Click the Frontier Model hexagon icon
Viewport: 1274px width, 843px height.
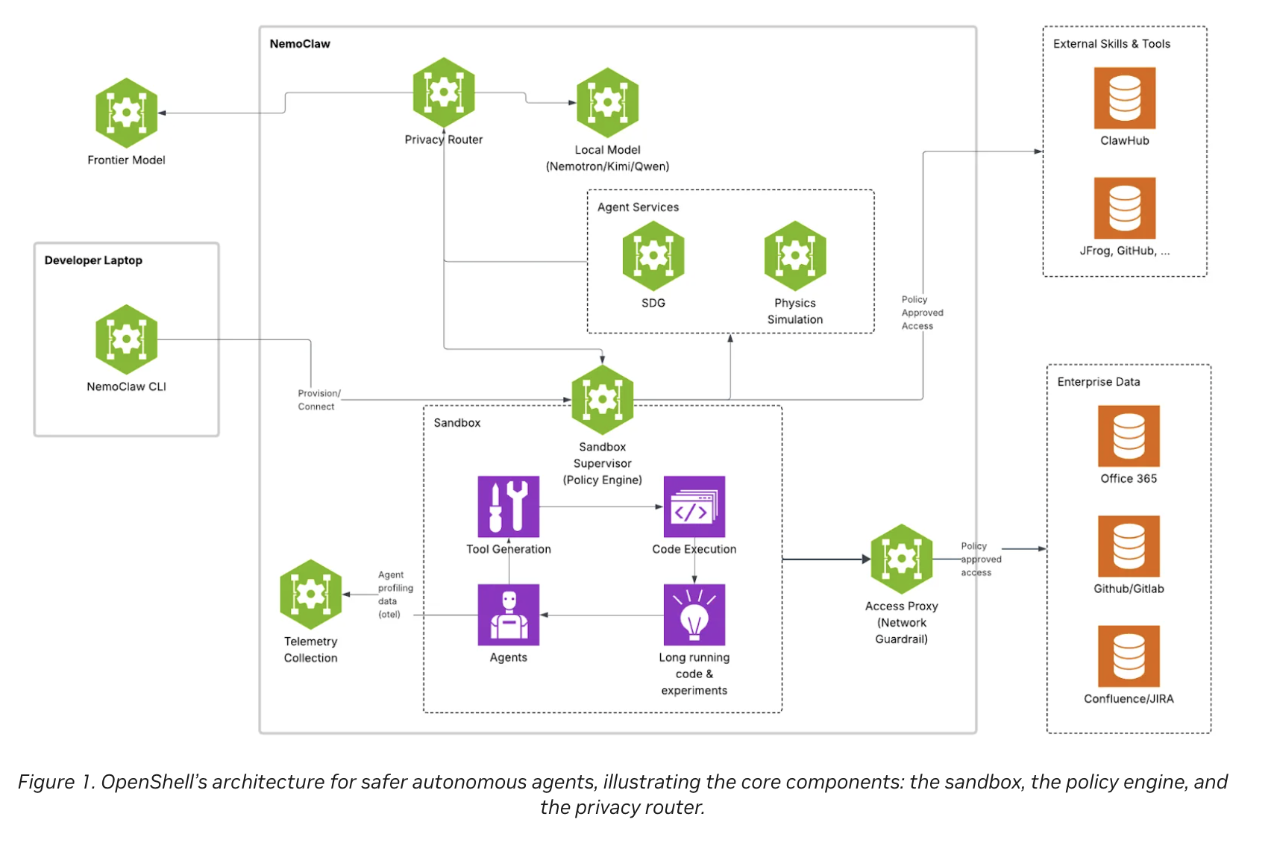[x=126, y=113]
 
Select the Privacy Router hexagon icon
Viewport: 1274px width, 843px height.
[x=444, y=93]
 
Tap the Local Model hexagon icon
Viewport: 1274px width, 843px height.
[x=607, y=102]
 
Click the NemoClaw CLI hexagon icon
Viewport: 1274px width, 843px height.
[x=126, y=339]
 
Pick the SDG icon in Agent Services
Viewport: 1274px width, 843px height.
[x=653, y=256]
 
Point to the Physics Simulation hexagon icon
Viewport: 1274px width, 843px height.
[x=795, y=256]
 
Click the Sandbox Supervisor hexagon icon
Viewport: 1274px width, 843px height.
[x=603, y=400]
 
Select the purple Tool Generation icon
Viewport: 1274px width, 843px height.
[x=509, y=507]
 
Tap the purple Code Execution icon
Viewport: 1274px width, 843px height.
[x=694, y=507]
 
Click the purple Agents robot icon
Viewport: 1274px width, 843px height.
[x=509, y=615]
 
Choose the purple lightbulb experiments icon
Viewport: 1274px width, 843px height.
[x=694, y=615]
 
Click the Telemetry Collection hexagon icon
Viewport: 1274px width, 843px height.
[x=311, y=595]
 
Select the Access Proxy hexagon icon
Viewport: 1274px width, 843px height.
[x=901, y=559]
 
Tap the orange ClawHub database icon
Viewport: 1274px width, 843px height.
[x=1125, y=98]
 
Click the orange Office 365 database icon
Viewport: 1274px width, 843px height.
[x=1129, y=436]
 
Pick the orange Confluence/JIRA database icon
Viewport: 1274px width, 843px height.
[x=1129, y=656]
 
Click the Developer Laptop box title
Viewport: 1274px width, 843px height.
[x=93, y=260]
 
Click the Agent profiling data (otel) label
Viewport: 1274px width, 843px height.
[x=395, y=595]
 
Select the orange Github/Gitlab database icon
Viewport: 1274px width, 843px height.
[x=1129, y=546]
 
